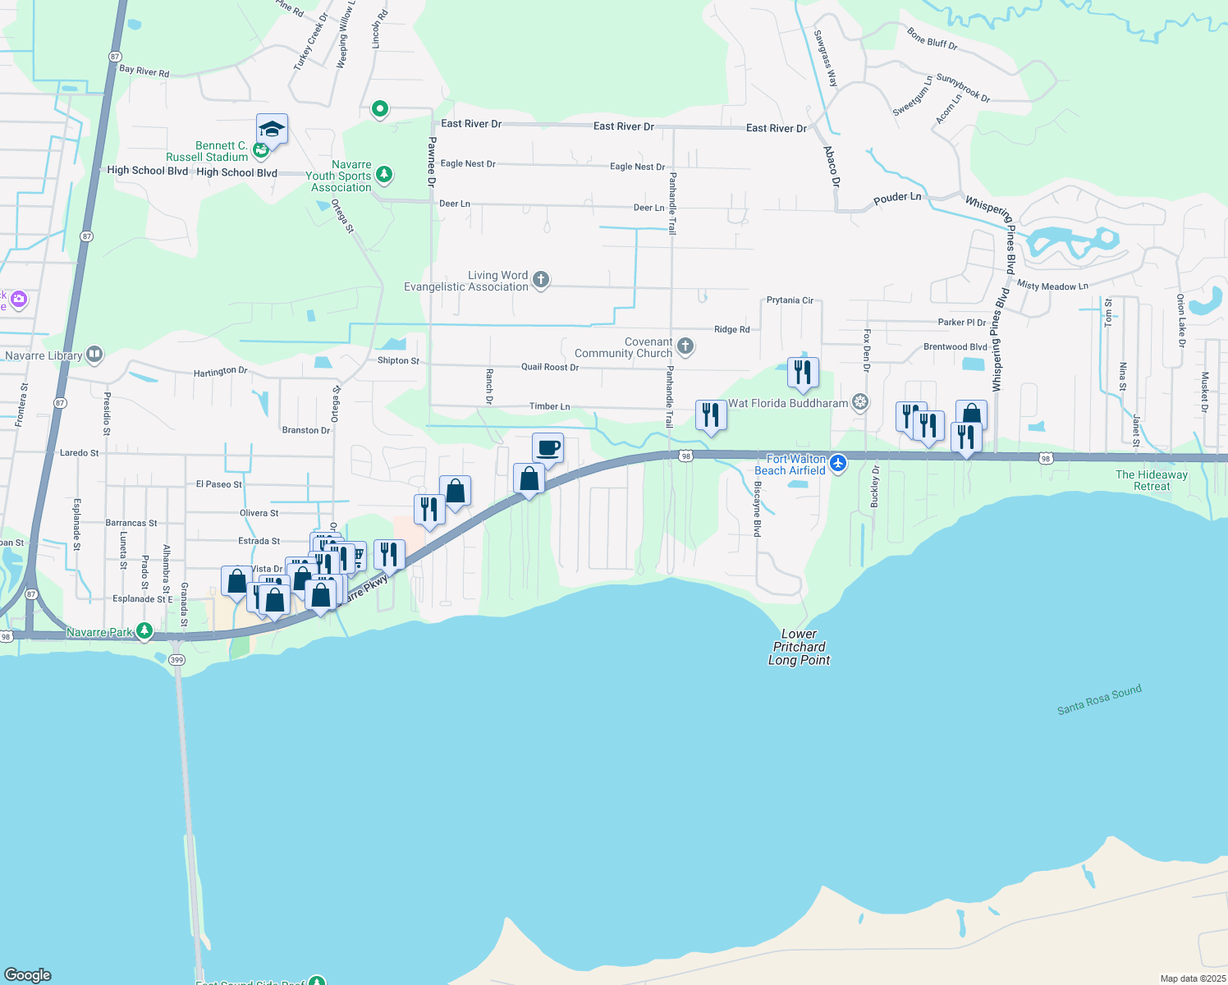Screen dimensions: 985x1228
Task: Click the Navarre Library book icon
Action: coord(94,355)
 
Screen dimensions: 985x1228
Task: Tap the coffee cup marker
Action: coord(548,448)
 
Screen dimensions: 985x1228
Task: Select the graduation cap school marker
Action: coord(272,129)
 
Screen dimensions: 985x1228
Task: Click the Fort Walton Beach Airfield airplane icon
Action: coord(838,464)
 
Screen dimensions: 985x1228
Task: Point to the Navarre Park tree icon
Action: coord(144,631)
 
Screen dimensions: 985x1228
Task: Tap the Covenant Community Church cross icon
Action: coord(685,347)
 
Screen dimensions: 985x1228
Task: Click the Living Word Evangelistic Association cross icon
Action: coord(540,281)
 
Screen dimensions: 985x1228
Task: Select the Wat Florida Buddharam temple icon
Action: coord(859,402)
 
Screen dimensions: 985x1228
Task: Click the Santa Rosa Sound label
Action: coord(1099,700)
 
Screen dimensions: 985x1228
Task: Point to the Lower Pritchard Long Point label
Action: coord(799,647)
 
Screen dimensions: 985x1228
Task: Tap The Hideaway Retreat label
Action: coord(1151,480)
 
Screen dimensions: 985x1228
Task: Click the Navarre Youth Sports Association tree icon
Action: coord(383,175)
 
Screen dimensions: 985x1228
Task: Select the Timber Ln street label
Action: coord(549,406)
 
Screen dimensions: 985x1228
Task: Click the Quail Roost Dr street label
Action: coord(549,367)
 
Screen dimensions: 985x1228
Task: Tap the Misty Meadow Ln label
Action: coord(1052,286)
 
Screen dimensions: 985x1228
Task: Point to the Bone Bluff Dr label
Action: coord(932,39)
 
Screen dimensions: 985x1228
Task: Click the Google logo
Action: coord(28,975)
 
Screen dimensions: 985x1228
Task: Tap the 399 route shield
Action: coord(176,660)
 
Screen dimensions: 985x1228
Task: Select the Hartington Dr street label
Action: coord(220,372)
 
